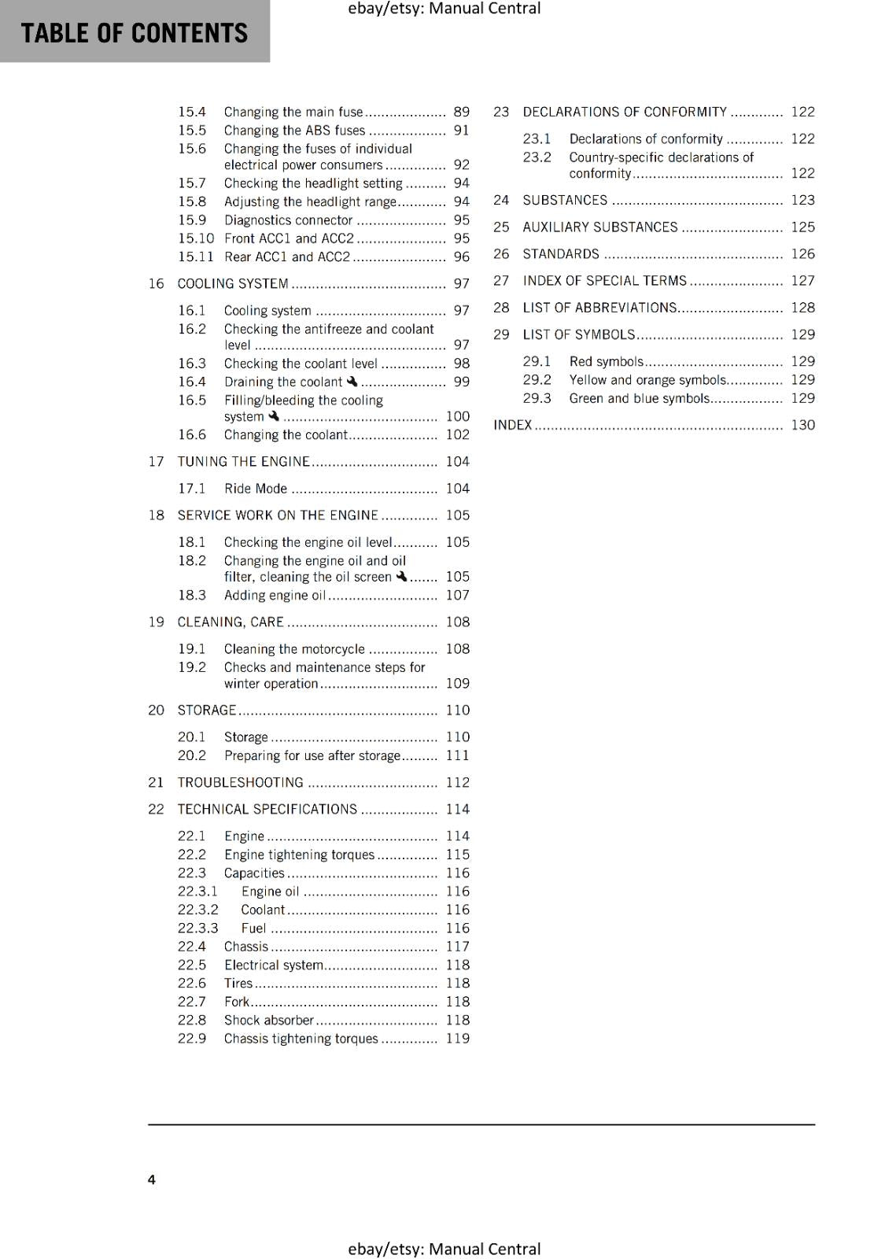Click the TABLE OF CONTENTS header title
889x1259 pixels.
[x=134, y=33]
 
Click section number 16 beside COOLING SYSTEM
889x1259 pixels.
[x=156, y=284]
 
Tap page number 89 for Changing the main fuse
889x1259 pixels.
[x=461, y=113]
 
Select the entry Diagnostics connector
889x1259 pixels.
[x=288, y=221]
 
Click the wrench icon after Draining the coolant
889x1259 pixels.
[x=352, y=382]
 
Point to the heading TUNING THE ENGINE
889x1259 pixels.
[x=244, y=462]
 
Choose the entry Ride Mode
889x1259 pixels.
[x=256, y=489]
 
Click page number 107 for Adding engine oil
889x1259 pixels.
[x=457, y=596]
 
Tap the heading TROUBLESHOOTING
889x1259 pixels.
[x=240, y=783]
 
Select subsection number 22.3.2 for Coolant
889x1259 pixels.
[x=197, y=910]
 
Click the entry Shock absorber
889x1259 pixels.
[x=269, y=1021]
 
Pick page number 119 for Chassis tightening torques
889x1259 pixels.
[x=457, y=1039]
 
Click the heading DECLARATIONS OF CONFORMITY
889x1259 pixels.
[x=625, y=113]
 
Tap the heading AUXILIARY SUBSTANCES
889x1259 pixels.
[x=599, y=227]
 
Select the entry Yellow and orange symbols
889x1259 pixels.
[x=647, y=380]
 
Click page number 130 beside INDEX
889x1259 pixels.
[x=802, y=426]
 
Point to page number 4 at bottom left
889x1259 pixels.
[x=152, y=1180]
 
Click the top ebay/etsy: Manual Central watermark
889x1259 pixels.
[x=444, y=9]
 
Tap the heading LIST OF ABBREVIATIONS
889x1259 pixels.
[x=599, y=308]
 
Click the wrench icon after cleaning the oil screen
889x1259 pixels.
[x=401, y=577]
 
